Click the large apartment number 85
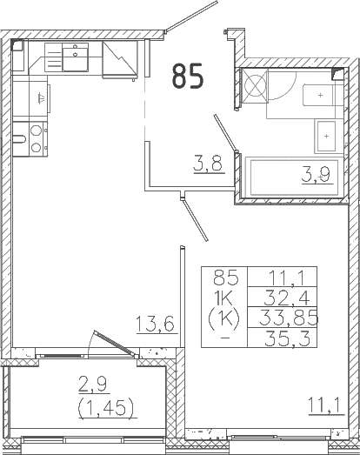point(188,76)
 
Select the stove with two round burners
point(37,139)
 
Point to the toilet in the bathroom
point(312,93)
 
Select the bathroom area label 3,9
point(315,175)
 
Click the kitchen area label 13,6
point(157,325)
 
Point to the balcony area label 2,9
point(96,382)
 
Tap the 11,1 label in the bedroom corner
point(323,402)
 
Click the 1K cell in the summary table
point(224,298)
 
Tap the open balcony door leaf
point(116,342)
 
